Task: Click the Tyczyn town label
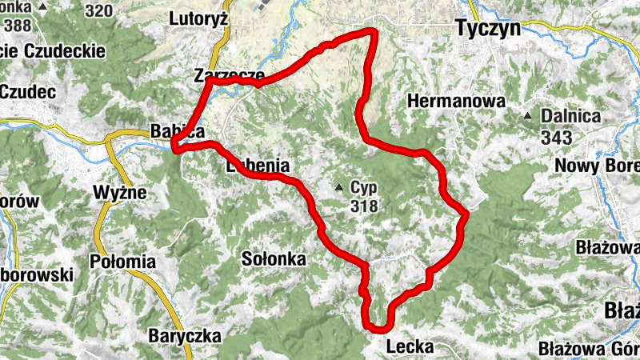tap(487, 29)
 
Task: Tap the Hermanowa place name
tap(456, 102)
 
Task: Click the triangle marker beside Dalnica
tap(528, 116)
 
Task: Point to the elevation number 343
tap(557, 137)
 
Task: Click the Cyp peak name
tap(362, 189)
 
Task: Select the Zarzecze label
tap(229, 76)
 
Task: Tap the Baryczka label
tap(184, 336)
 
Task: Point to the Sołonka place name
tap(274, 258)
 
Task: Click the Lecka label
tap(410, 347)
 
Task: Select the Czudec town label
tap(27, 92)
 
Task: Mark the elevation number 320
tap(98, 10)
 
